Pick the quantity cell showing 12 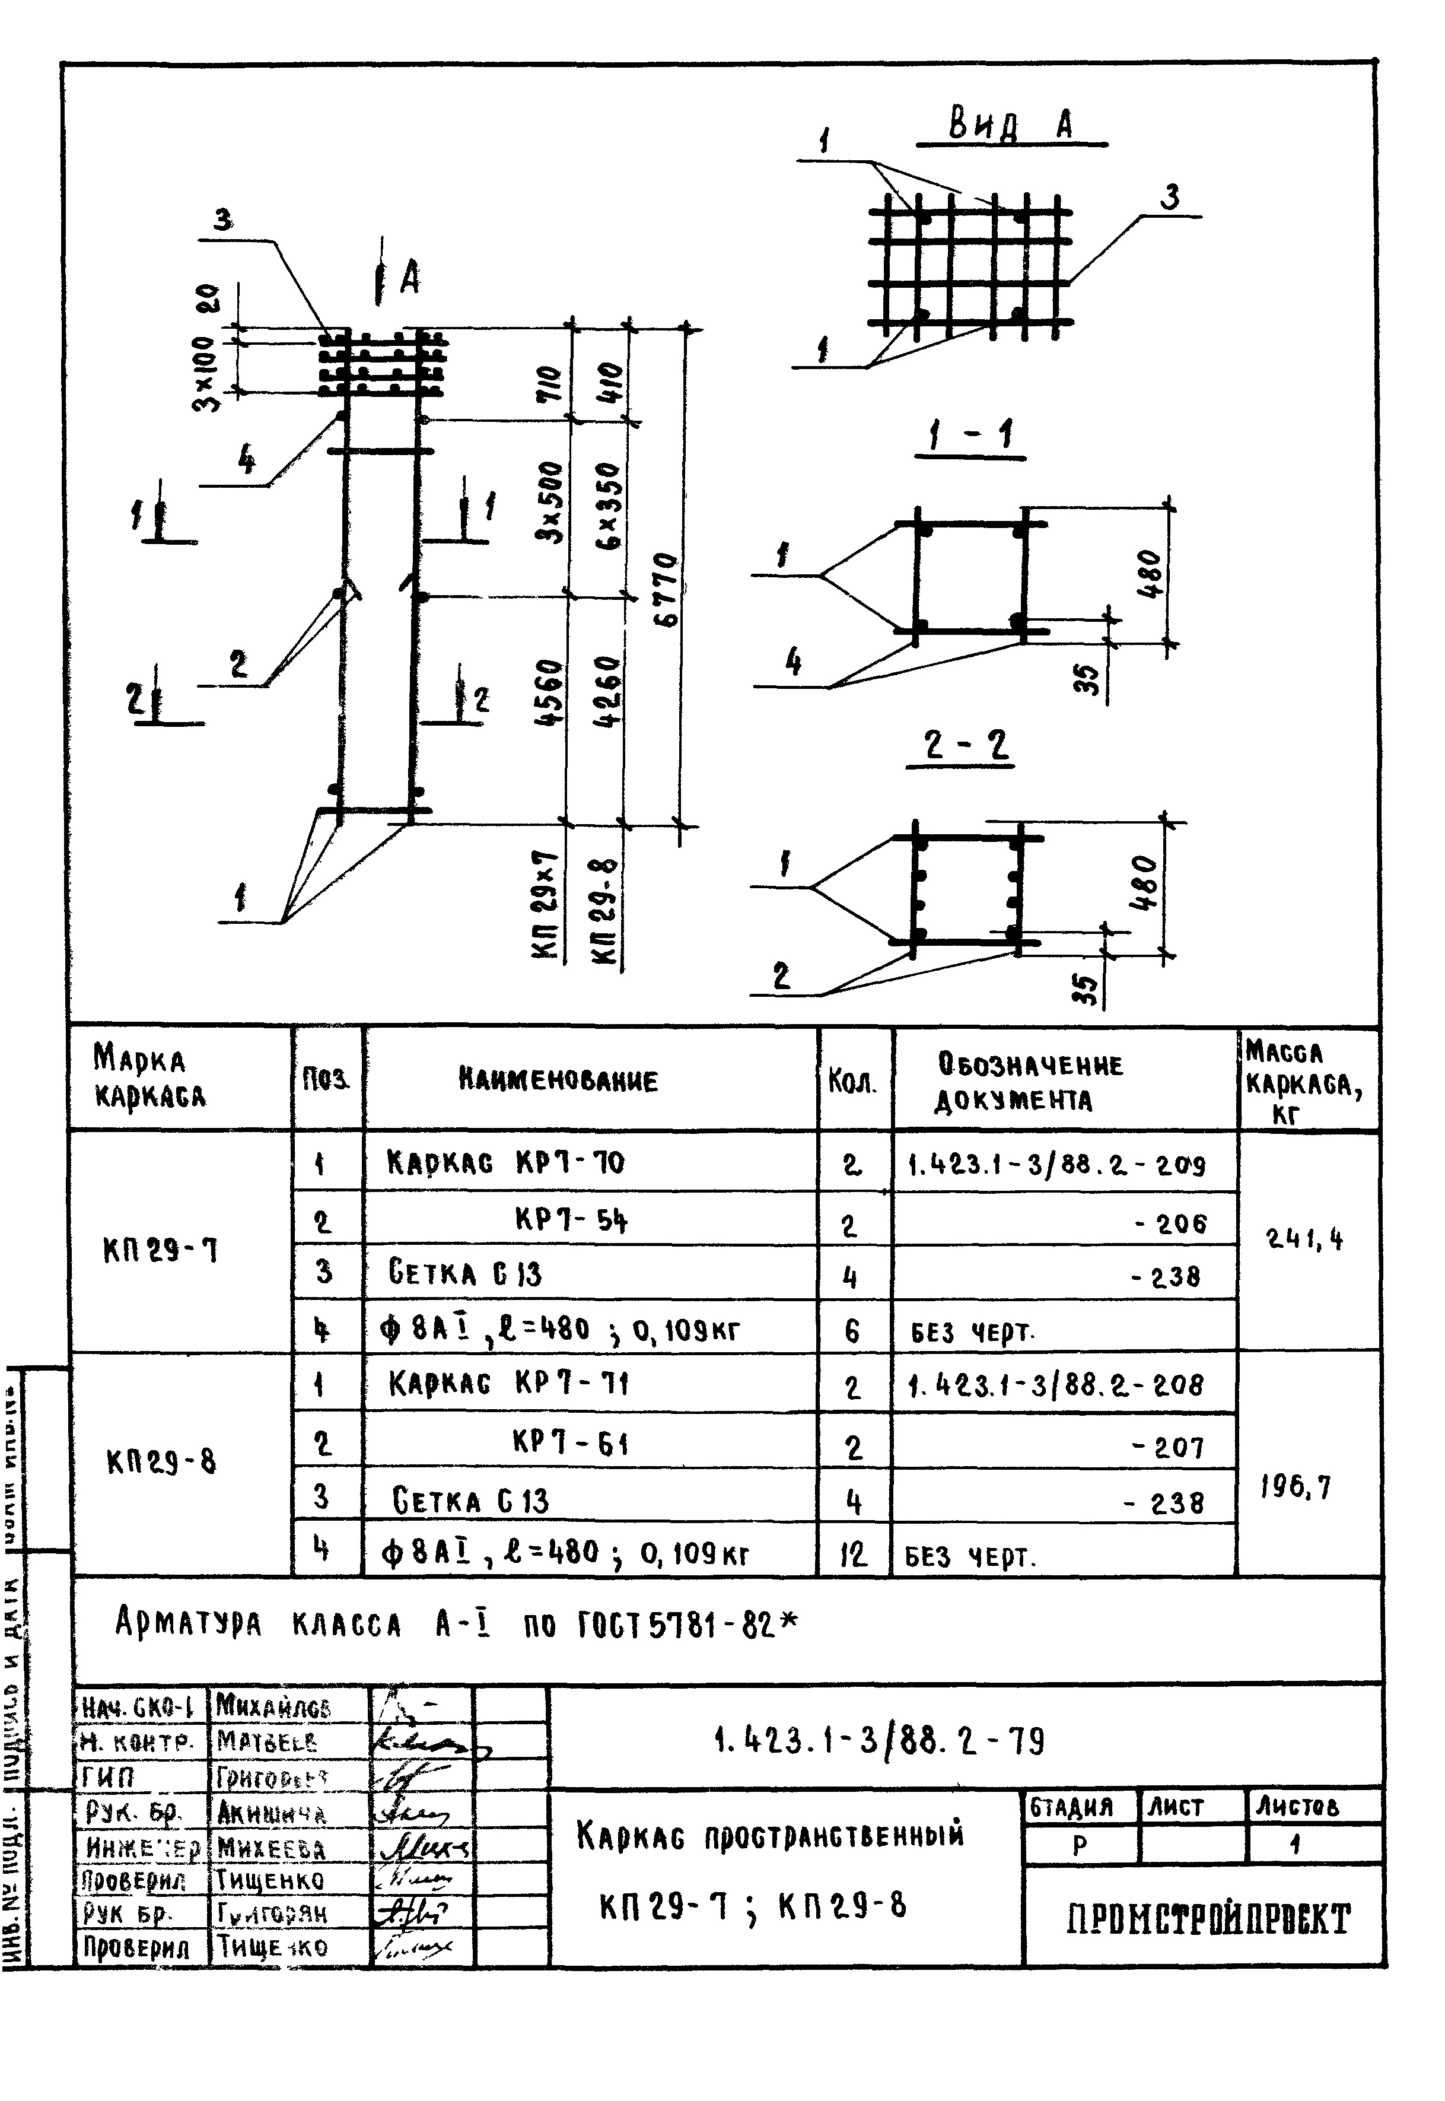tap(853, 1554)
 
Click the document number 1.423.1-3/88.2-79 tap(880, 1741)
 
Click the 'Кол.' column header tap(853, 1081)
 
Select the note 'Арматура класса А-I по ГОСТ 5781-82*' tap(457, 1625)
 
